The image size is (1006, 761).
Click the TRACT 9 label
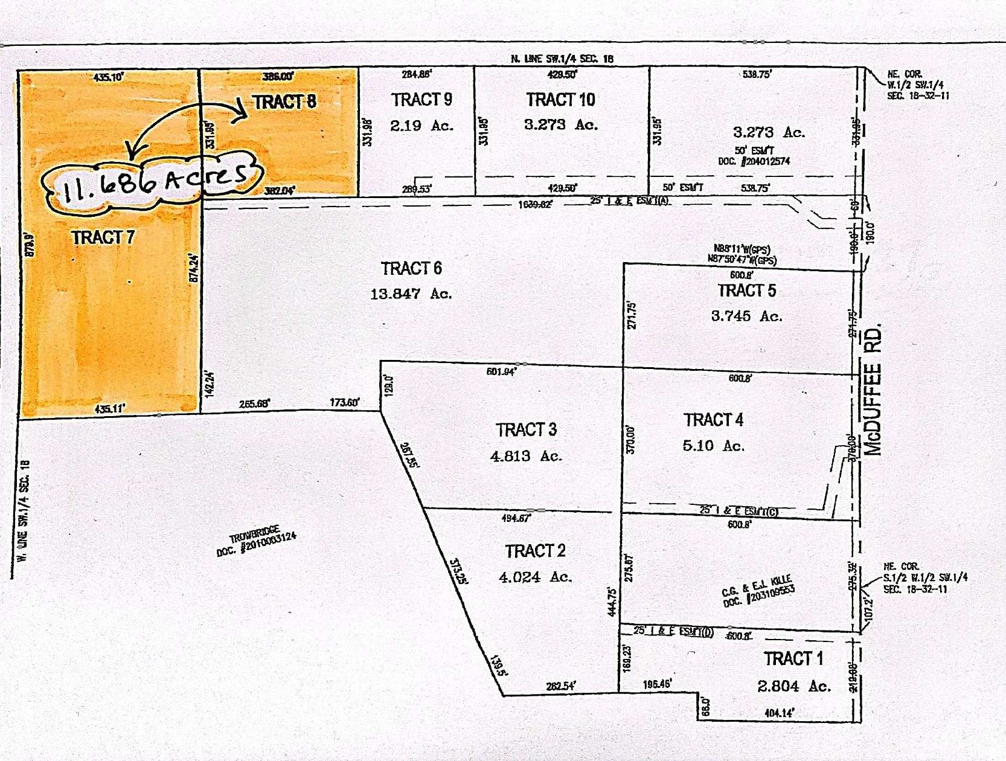pyautogui.click(x=421, y=100)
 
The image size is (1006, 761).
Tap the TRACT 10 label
pyautogui.click(x=560, y=100)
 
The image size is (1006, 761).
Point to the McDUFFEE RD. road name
pyautogui.click(x=873, y=390)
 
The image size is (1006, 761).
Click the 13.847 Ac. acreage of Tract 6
pyautogui.click(x=411, y=294)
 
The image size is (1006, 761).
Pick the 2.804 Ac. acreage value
pyautogui.click(x=794, y=686)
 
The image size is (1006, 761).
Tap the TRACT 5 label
pyautogui.click(x=746, y=291)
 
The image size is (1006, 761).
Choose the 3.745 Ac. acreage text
pyautogui.click(x=746, y=316)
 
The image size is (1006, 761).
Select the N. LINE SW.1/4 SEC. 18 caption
pyautogui.click(x=562, y=59)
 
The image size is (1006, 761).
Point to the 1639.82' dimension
pyautogui.click(x=535, y=205)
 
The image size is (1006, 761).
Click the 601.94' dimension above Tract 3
pyautogui.click(x=501, y=371)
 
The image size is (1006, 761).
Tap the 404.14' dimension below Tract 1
pyautogui.click(x=779, y=713)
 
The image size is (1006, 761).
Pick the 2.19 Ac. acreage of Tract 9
pyautogui.click(x=421, y=126)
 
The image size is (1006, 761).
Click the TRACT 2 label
pyautogui.click(x=535, y=551)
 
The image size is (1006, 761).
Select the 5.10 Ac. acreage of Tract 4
pyautogui.click(x=713, y=446)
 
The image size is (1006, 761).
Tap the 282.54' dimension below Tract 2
pyautogui.click(x=560, y=686)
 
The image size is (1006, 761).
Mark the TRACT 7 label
pyautogui.click(x=103, y=238)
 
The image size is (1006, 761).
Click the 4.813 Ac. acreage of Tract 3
pyautogui.click(x=526, y=456)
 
